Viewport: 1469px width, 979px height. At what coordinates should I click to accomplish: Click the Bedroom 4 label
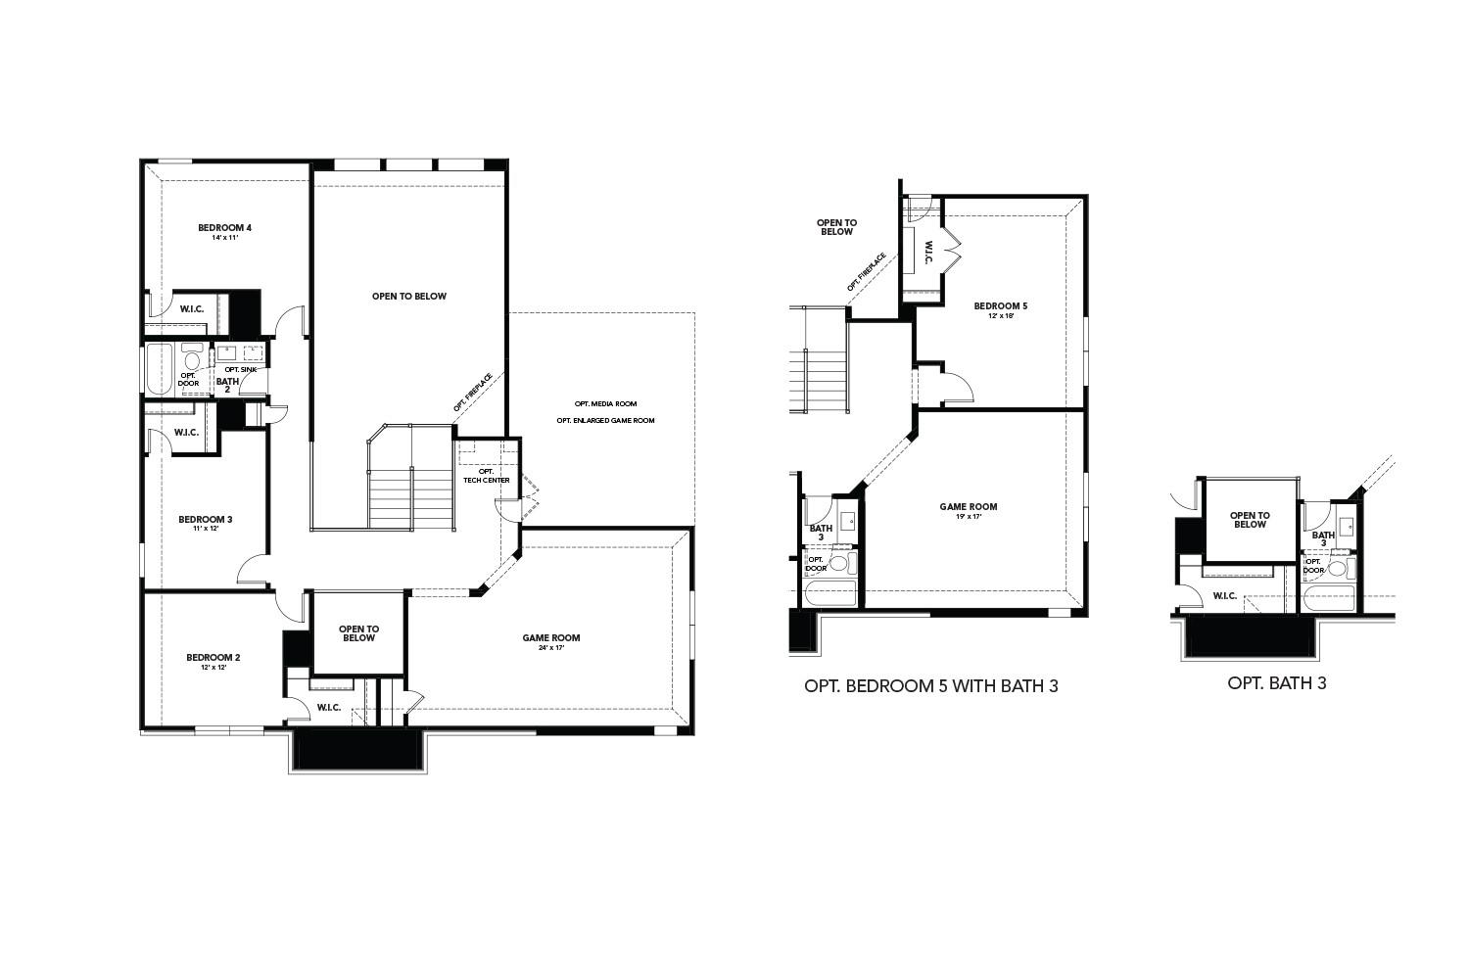tap(224, 227)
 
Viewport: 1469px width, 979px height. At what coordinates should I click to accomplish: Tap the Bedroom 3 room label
tap(205, 519)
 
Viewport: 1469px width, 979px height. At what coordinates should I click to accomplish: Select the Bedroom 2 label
tap(213, 657)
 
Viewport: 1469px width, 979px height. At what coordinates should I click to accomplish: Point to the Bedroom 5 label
tap(1000, 306)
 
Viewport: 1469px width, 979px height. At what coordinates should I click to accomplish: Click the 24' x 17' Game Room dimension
tap(551, 648)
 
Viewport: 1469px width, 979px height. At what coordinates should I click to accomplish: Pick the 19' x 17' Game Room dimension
tap(968, 517)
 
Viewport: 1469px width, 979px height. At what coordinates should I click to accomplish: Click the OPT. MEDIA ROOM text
tap(605, 403)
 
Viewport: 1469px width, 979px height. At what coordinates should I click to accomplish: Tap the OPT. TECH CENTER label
tap(486, 476)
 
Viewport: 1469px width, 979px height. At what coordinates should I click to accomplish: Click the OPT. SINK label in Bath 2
tap(240, 369)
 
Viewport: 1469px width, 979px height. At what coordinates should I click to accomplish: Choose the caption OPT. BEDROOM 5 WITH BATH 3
tap(930, 686)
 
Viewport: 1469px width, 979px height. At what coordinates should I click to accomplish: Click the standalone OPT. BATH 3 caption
tap(1276, 683)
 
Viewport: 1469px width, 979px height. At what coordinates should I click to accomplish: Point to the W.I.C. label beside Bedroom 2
tap(328, 708)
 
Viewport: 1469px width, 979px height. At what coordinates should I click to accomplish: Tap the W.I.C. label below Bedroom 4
tap(191, 309)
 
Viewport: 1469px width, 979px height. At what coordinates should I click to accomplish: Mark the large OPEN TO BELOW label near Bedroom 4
tap(408, 296)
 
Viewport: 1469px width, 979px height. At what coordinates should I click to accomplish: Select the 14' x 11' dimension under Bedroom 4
tap(224, 238)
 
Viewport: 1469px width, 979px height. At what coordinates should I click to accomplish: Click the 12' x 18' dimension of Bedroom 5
tap(1000, 316)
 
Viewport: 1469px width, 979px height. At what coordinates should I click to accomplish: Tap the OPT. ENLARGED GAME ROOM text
tap(605, 420)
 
